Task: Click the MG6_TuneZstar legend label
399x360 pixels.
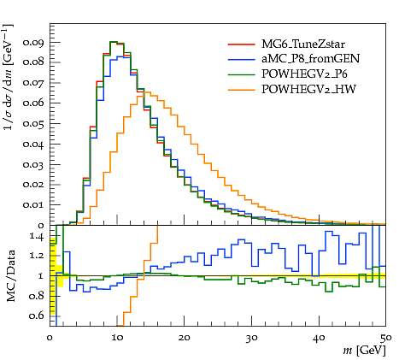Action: click(x=303, y=44)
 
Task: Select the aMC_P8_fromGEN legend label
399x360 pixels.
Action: click(x=310, y=59)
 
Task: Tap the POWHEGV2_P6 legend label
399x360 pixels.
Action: click(x=304, y=74)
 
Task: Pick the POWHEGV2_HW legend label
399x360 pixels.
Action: click(x=308, y=89)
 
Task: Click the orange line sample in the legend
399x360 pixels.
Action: click(x=241, y=90)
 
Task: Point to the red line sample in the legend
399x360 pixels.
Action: click(x=241, y=44)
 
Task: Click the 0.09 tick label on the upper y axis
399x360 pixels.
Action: click(x=33, y=43)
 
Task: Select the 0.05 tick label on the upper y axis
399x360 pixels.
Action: click(x=33, y=124)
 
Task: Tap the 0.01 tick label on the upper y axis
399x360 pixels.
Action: click(x=33, y=204)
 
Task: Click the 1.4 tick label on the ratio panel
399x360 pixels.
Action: click(x=37, y=236)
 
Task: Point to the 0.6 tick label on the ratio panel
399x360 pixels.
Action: click(x=37, y=316)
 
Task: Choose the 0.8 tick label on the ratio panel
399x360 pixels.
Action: click(x=37, y=296)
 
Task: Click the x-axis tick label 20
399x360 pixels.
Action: click(x=185, y=338)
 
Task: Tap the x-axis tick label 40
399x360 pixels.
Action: click(x=319, y=338)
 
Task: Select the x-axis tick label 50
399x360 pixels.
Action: click(x=385, y=338)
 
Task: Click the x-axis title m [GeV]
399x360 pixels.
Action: click(x=364, y=351)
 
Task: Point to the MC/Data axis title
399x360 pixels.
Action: click(x=10, y=276)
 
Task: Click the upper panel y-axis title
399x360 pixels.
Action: click(x=9, y=77)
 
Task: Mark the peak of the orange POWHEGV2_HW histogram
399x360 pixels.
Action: click(x=147, y=91)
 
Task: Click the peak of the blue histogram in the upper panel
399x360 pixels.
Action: click(x=120, y=56)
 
